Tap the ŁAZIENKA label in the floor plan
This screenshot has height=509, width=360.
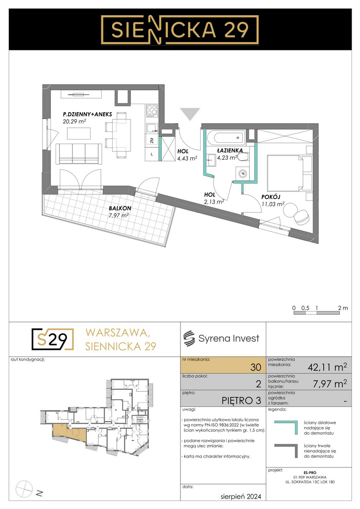coord(230,150)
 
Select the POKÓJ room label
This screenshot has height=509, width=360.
coord(271,197)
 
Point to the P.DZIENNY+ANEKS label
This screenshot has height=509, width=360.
coord(87,114)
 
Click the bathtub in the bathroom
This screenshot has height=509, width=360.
coord(225,138)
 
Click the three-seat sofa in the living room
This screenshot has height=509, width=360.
coord(79,154)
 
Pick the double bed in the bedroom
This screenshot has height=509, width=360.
coord(286,173)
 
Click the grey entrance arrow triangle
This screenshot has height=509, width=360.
coord(190,114)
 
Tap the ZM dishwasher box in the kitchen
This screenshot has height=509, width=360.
coord(152,140)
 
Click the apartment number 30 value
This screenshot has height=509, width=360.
coord(256,367)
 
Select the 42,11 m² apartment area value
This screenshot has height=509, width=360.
coord(327,367)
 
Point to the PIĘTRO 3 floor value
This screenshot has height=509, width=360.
coord(241,401)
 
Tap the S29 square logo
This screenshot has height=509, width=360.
coord(53,339)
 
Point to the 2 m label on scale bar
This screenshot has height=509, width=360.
coord(343,308)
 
